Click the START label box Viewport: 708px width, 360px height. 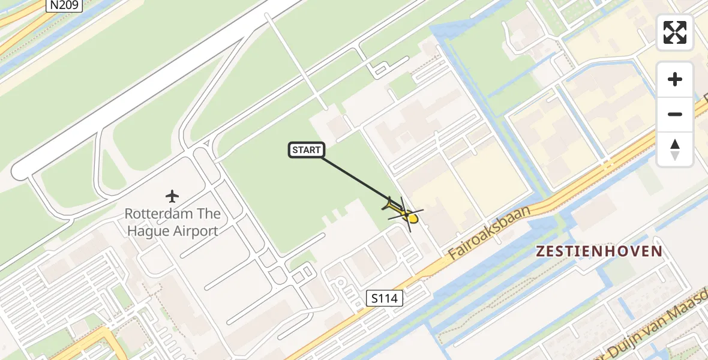tap(307, 150)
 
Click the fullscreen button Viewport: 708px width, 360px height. tap(675, 32)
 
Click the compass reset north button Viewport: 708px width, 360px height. tap(675, 149)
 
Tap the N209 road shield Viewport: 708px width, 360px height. tap(64, 5)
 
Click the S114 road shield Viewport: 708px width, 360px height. tap(384, 298)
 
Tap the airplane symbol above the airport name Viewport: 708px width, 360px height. tap(172, 196)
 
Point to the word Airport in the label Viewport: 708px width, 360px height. tap(194, 231)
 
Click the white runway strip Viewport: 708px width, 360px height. tap(150, 84)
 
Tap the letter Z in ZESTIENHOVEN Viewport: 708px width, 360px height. tap(541, 251)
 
